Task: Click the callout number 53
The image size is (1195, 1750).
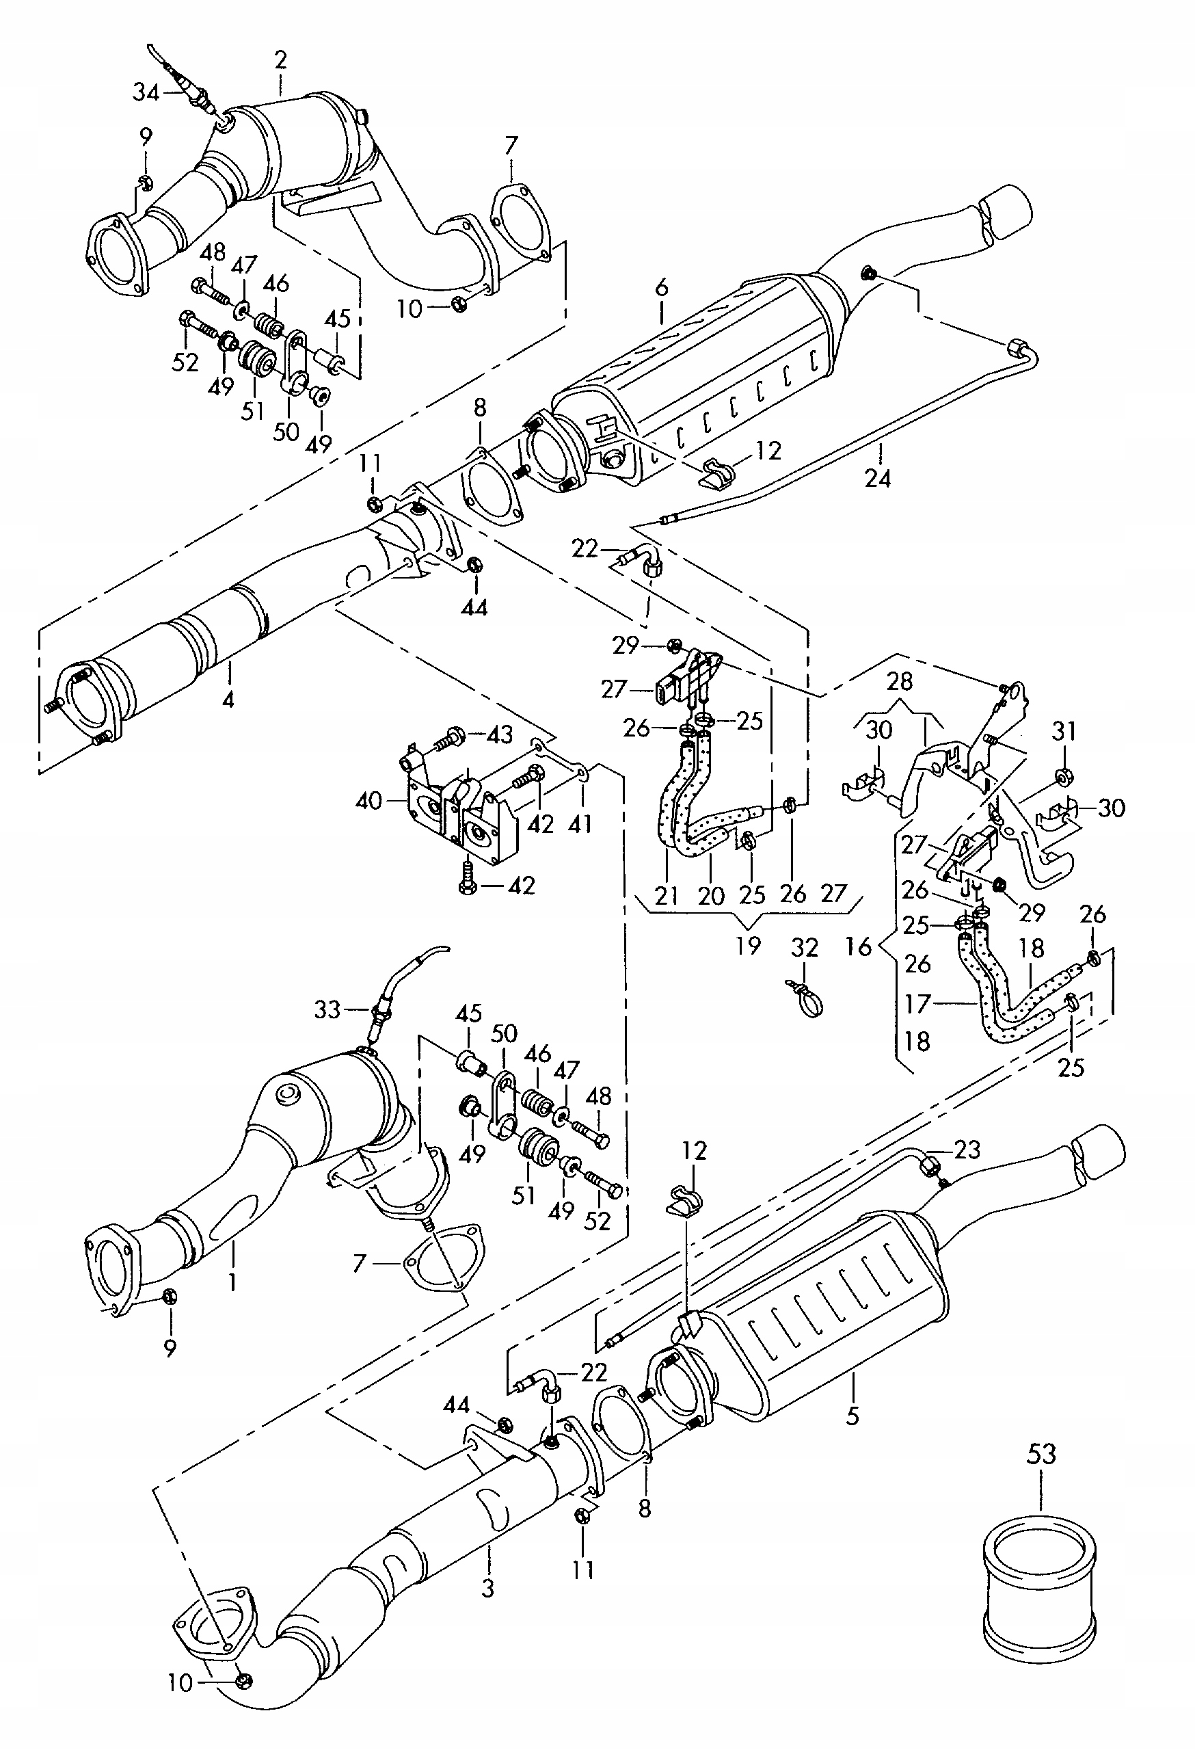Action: point(1041,1454)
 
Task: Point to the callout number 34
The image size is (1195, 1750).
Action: point(146,92)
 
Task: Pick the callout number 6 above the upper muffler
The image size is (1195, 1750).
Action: point(661,287)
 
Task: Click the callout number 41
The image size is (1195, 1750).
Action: point(580,824)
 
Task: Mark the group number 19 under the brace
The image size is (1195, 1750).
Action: point(748,945)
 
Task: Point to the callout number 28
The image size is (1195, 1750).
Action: point(899,682)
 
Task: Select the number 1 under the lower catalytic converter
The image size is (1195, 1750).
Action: point(232,1280)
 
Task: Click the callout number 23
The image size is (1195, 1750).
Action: point(967,1149)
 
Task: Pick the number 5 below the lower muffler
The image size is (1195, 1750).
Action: point(852,1416)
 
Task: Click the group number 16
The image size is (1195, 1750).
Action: point(858,946)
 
